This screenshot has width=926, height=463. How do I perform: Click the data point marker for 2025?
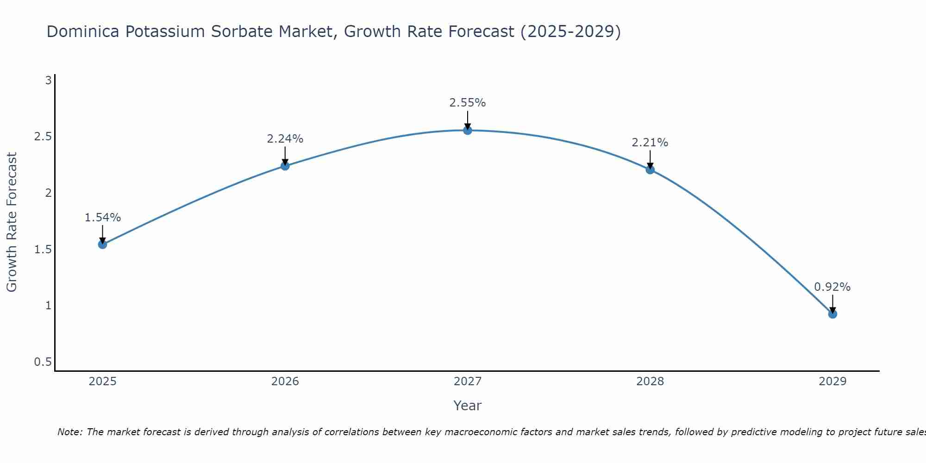tap(103, 244)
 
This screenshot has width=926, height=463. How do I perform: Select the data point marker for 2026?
tap(285, 166)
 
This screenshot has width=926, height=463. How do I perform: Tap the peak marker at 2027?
tap(468, 131)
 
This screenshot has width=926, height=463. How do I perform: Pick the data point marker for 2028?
tap(650, 169)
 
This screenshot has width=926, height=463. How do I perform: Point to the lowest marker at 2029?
tap(832, 314)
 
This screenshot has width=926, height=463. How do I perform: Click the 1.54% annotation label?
tap(103, 218)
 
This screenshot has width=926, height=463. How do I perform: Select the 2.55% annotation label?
tap(468, 103)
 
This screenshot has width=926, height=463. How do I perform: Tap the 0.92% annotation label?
tap(832, 287)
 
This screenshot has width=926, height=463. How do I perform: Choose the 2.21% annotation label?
tap(650, 143)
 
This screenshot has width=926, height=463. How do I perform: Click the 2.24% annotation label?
tap(285, 139)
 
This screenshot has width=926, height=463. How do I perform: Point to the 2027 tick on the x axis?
tap(468, 382)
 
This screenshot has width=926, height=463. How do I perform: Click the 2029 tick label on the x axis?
tap(832, 382)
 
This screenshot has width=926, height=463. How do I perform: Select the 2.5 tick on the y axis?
tap(43, 137)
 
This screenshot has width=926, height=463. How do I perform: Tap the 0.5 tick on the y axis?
tap(43, 362)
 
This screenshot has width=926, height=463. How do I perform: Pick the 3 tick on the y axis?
tap(48, 81)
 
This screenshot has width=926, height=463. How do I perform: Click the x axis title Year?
tap(468, 406)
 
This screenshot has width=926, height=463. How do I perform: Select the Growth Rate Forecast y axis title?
tap(12, 222)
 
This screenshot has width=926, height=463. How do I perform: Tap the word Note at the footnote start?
tap(69, 432)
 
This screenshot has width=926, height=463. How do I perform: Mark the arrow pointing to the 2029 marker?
tap(832, 304)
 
